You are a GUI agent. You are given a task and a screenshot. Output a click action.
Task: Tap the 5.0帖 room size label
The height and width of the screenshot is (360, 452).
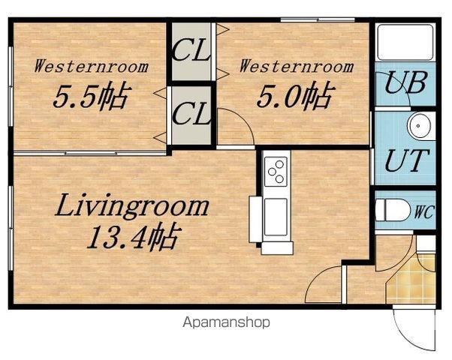click(x=297, y=95)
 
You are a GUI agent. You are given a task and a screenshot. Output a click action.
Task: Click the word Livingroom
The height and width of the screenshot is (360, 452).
click(x=132, y=205)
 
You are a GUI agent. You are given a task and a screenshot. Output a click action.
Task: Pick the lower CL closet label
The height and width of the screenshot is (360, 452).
click(x=191, y=113)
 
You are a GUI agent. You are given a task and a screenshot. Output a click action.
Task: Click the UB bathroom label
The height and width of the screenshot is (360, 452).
click(x=406, y=82)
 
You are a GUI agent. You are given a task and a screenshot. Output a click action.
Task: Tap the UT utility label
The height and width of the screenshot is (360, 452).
click(x=407, y=160)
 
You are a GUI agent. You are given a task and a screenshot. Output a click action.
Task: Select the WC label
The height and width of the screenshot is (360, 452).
click(x=423, y=212)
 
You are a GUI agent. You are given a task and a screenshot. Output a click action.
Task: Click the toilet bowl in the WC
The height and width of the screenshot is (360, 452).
click(x=393, y=210)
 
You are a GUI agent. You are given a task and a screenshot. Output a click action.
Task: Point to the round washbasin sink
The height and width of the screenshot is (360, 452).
click(x=419, y=126)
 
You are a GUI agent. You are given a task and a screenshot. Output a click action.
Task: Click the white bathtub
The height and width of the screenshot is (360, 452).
click(x=405, y=43)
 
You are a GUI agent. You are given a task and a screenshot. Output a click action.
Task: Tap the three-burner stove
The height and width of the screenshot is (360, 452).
click(x=276, y=171)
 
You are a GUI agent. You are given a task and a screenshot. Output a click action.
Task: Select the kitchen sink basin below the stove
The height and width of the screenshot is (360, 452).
click(x=276, y=217)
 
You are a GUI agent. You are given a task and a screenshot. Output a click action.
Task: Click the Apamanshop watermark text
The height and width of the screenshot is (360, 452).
click(x=226, y=322)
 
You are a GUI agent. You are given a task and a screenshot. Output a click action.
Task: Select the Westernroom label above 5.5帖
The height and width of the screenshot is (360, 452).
click(x=91, y=66)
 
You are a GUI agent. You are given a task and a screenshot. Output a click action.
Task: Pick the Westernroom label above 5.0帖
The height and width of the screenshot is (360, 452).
click(x=297, y=66)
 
